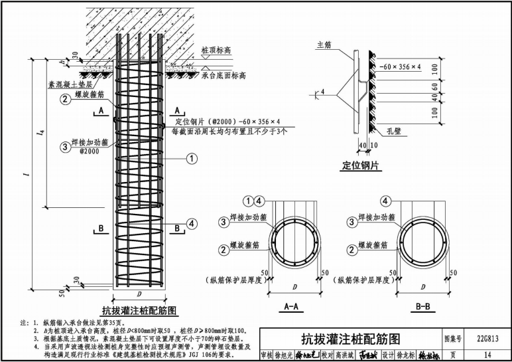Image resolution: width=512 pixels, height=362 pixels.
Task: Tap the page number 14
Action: (487, 355)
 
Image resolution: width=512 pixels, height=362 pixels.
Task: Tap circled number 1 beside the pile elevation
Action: (192, 158)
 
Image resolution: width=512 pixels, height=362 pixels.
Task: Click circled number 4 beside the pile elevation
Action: (192, 225)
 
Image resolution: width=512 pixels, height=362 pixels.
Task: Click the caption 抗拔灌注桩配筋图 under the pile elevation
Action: (139, 310)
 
